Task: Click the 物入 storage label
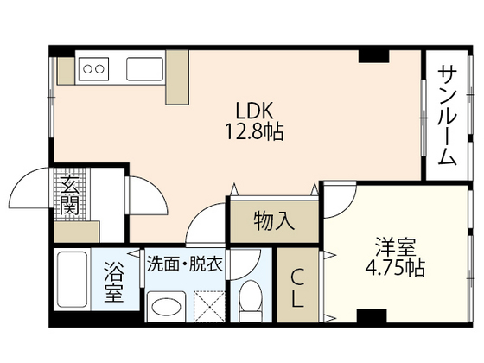pyautogui.click(x=274, y=221)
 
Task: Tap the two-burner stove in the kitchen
pyautogui.click(x=92, y=68)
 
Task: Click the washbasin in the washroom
pyautogui.click(x=166, y=305)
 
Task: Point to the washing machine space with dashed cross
pyautogui.click(x=208, y=305)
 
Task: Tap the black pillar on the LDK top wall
pyautogui.click(x=374, y=55)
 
